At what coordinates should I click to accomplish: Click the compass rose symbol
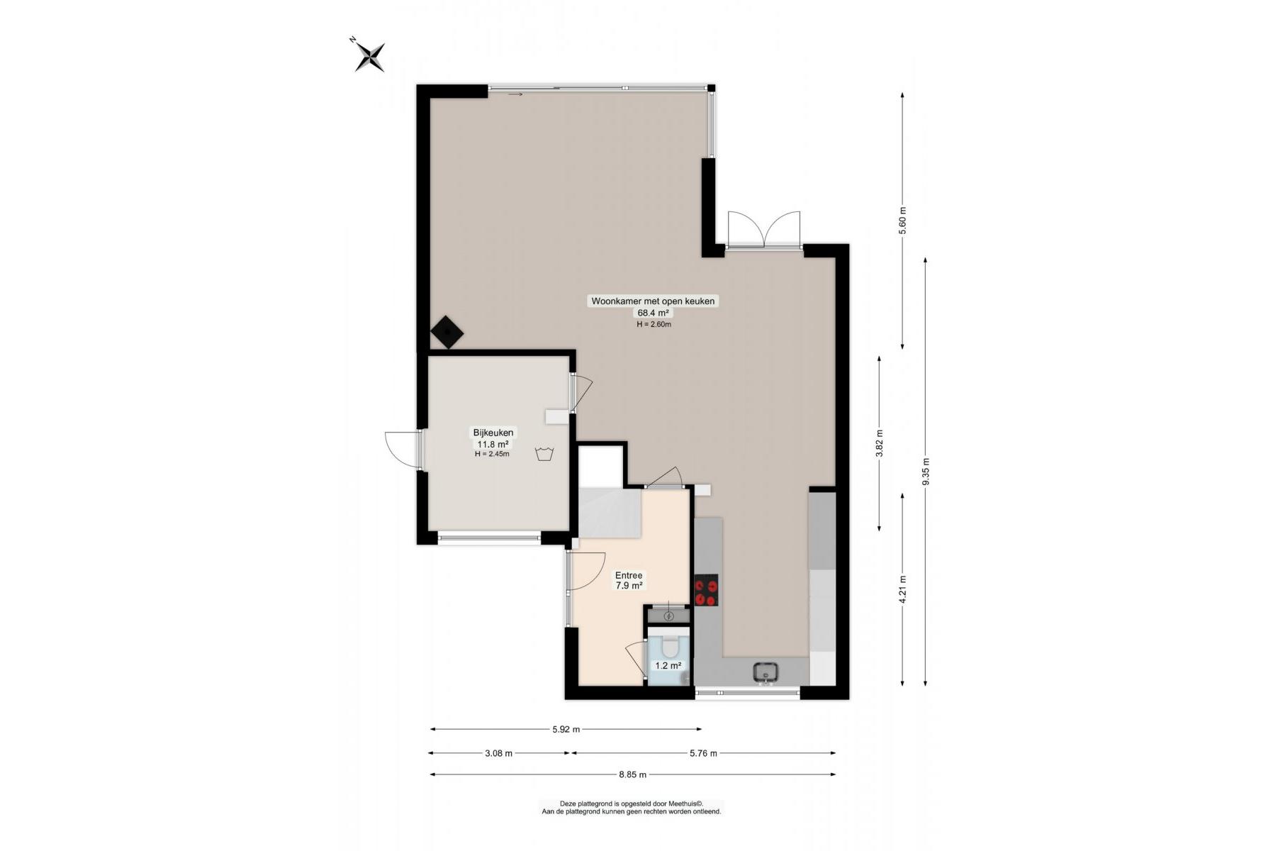point(369,55)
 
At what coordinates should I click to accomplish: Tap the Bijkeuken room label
point(493,433)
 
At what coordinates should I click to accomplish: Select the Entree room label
point(629,576)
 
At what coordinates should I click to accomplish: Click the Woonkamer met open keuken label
point(654,301)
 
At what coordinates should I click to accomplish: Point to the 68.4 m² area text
point(654,313)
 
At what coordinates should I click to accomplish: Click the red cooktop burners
point(706,591)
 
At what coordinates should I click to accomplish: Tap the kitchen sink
point(766,672)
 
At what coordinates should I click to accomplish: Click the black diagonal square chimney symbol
point(447,332)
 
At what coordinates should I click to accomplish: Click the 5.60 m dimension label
point(902,221)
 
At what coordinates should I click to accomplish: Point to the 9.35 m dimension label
point(926,472)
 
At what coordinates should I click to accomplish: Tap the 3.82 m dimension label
point(880,444)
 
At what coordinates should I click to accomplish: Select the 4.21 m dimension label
point(902,589)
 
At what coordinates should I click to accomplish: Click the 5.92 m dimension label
point(566,729)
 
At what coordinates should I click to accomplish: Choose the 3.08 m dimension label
point(498,753)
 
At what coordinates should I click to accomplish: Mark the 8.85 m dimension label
point(632,774)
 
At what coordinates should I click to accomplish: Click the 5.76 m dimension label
point(703,753)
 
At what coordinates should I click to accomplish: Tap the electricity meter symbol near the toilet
point(668,616)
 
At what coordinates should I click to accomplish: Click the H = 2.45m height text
point(492,454)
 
